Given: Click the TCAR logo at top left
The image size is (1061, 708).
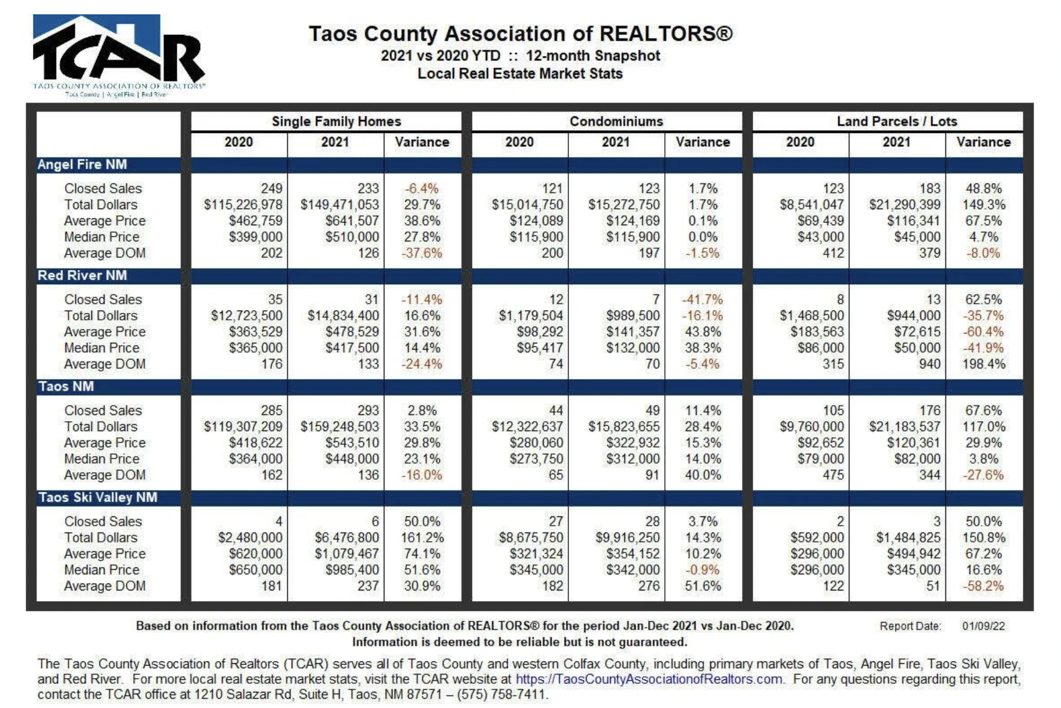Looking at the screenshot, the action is point(118,55).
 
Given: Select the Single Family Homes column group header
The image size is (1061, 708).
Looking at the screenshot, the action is point(336,121).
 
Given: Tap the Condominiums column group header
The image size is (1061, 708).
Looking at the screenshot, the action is point(616,121).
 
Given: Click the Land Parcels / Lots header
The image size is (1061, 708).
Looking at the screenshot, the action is point(897,121).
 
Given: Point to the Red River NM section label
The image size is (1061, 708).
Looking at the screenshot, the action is point(83,276).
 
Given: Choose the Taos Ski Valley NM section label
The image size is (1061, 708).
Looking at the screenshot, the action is point(98,497).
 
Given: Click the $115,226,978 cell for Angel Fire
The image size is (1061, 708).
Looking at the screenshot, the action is point(243,205).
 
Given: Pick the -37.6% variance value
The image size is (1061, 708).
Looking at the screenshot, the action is point(422,253).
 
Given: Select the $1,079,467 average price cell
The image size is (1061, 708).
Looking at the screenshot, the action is point(346,554).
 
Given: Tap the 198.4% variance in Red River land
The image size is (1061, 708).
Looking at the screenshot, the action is point(984,364).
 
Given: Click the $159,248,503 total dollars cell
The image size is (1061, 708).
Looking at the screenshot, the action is point(340,427).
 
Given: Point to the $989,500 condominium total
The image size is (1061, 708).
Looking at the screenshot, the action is point(633,315).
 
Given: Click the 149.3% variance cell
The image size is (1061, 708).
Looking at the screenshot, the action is point(984,205).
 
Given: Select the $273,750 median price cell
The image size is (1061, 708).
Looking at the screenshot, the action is point(536,459).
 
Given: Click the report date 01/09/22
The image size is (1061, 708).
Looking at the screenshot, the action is point(983,626).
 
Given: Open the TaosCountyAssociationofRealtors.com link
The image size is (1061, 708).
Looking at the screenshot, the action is point(649,679).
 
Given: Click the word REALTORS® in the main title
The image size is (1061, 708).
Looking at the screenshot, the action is point(666,34).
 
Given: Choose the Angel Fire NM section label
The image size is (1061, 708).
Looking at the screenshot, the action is point(83,164).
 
